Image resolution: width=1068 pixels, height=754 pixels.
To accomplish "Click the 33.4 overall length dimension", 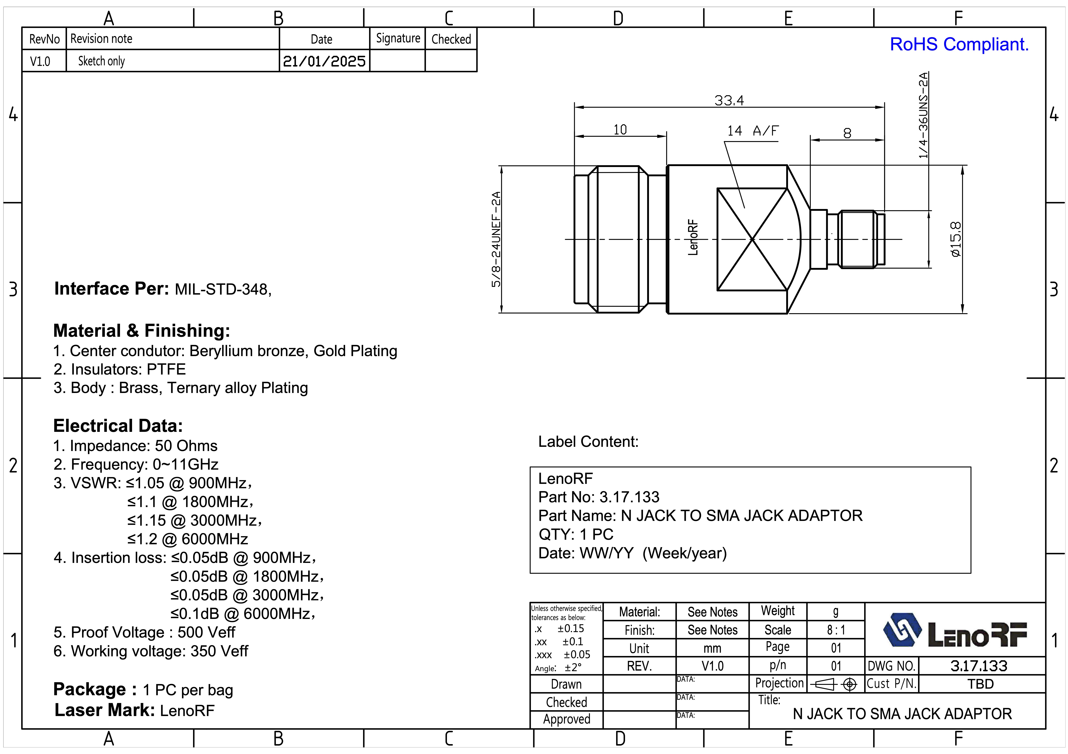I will [x=729, y=100].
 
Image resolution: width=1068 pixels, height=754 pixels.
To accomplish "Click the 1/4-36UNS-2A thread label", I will [x=923, y=115].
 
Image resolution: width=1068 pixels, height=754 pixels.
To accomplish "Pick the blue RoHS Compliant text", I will [x=959, y=45].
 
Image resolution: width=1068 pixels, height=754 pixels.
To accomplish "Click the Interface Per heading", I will [x=112, y=289].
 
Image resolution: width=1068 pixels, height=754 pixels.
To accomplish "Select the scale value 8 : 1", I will [x=836, y=630].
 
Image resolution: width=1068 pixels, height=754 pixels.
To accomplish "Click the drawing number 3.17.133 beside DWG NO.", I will [x=979, y=666].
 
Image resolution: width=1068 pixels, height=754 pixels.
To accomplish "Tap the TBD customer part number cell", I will [x=981, y=684].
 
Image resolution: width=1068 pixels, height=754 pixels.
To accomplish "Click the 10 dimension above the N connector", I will [x=620, y=130].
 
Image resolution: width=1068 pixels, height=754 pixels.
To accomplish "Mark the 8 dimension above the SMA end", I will [x=847, y=133].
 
